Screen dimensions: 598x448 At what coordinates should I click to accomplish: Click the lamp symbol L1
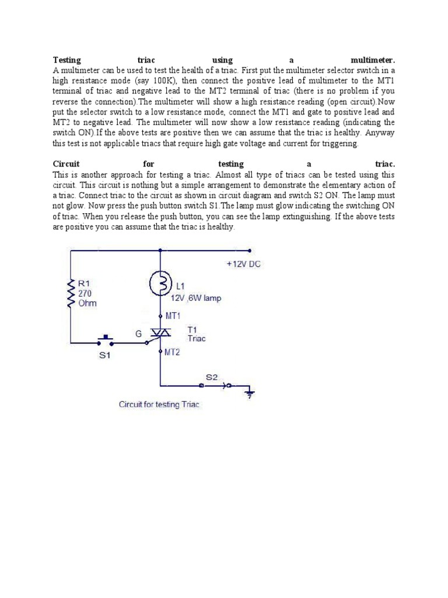click(x=159, y=284)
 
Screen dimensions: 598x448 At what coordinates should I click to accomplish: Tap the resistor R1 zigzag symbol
click(x=71, y=293)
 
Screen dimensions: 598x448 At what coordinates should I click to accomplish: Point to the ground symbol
click(x=250, y=394)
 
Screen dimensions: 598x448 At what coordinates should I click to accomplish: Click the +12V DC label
click(x=244, y=264)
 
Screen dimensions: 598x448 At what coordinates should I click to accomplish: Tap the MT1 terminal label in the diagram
click(x=173, y=315)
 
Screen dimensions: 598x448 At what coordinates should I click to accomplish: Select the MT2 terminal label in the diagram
click(x=173, y=353)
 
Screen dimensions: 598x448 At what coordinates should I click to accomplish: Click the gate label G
click(x=139, y=333)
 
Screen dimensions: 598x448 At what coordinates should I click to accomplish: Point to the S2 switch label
click(x=211, y=377)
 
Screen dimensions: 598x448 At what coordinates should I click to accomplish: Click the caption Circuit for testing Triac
click(x=159, y=404)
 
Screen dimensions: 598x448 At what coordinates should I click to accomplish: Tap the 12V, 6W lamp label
click(x=196, y=298)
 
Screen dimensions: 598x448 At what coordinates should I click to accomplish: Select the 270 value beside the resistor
click(x=84, y=293)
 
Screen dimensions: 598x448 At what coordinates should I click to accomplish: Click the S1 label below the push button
click(x=104, y=356)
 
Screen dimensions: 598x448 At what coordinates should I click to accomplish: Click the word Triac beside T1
click(x=197, y=339)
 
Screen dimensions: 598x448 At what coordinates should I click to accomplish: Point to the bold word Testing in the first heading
click(x=67, y=60)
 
